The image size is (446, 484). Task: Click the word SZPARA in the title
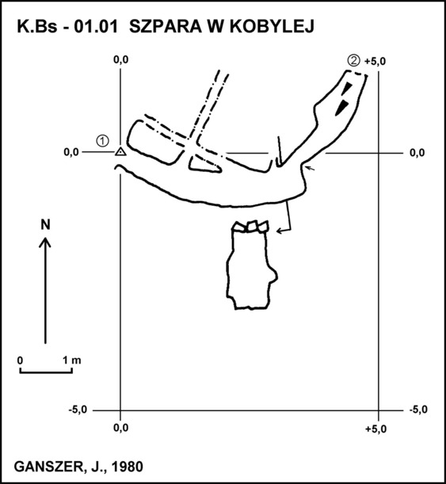[x=165, y=26]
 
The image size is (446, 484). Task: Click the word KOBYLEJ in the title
[x=272, y=26]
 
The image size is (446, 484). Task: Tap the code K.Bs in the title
[x=37, y=26]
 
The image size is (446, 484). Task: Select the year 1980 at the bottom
[x=127, y=467]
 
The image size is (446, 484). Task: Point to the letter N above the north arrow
[x=45, y=224]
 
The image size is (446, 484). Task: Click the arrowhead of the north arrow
[x=45, y=242]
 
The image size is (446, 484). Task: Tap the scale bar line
[x=46, y=372]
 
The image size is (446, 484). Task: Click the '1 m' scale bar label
[x=71, y=360]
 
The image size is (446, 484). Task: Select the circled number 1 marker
[x=102, y=141]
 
